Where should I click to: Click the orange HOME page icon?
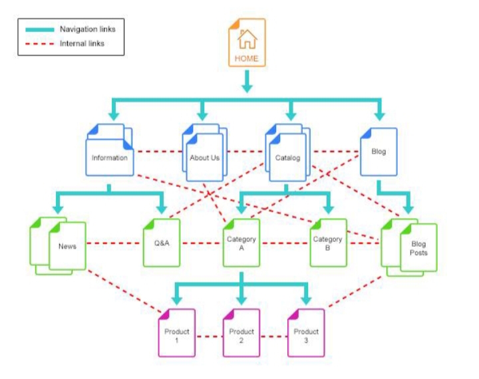(x=247, y=43)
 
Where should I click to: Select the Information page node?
(x=110, y=155)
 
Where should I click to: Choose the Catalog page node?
(x=287, y=156)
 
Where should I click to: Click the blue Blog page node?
(x=379, y=152)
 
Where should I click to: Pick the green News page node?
(x=66, y=246)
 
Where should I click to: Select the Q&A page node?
(x=162, y=243)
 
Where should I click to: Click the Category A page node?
(x=241, y=243)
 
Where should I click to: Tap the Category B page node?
(x=328, y=243)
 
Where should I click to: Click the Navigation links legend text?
(x=91, y=29)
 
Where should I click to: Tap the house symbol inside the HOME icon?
(x=247, y=39)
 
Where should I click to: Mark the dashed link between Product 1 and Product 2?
(x=209, y=336)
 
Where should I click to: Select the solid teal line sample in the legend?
(x=38, y=30)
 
